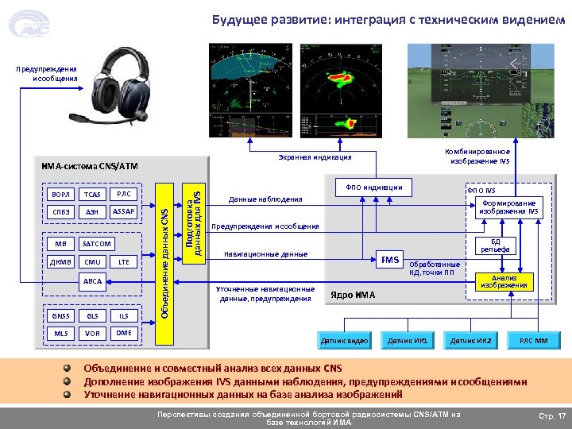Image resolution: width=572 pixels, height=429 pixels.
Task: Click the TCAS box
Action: [94, 195]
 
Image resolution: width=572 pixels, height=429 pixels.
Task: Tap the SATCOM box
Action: [97, 244]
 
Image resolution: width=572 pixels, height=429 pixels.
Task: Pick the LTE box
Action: [123, 262]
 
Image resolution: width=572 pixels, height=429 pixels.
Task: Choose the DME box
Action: [123, 334]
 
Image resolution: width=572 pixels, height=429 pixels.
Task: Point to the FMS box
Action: [390, 260]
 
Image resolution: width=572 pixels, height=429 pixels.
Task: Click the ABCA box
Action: [93, 281]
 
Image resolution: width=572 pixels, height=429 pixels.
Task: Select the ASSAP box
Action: [123, 212]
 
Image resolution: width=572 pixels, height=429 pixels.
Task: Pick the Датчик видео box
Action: [344, 341]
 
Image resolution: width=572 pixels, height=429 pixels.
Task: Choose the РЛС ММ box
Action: [533, 341]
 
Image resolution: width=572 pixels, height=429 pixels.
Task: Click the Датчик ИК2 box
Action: [471, 341]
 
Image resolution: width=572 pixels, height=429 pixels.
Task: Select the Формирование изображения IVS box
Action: [511, 207]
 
